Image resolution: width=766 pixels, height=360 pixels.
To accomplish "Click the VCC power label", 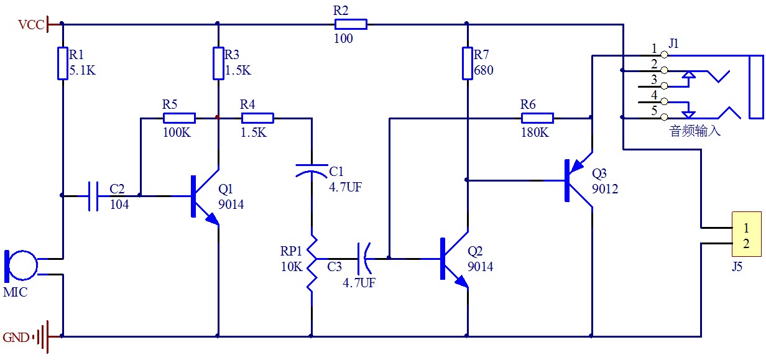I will [31, 25].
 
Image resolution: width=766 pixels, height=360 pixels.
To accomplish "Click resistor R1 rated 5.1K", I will [62, 62].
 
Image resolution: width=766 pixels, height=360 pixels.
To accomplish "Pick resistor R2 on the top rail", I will [351, 24].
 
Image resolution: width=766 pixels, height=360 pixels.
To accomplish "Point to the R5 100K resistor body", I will [179, 118].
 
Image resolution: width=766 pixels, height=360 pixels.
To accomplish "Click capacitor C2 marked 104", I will [93, 196].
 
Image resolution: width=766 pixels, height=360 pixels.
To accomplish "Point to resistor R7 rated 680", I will [466, 62].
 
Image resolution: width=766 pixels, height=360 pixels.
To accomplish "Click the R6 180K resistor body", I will [537, 118].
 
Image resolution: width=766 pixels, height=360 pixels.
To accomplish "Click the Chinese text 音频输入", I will [694, 131].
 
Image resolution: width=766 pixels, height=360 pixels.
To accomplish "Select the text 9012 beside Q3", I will [605, 189].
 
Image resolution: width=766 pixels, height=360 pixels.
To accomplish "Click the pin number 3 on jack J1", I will [653, 80].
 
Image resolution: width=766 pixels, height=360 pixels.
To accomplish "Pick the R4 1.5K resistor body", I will [257, 118].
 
